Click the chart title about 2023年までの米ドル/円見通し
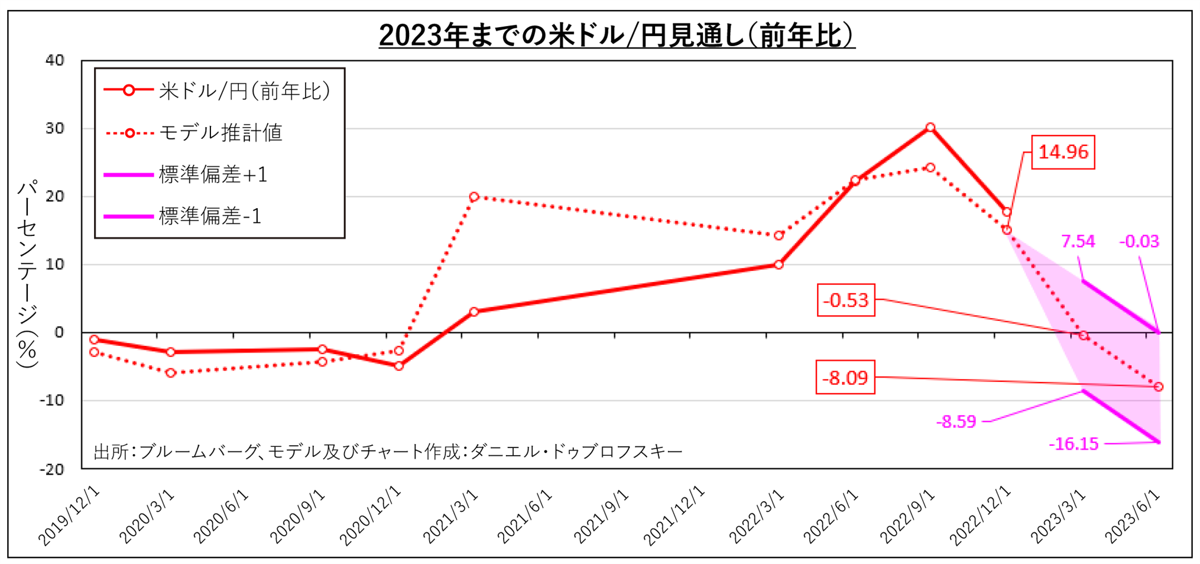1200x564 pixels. [x=617, y=35]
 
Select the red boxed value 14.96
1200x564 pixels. [x=1063, y=153]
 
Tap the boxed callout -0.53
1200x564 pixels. [x=845, y=300]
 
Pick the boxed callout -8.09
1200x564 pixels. [x=845, y=377]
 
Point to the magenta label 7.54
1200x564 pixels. [x=1078, y=241]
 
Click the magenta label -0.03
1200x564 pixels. [x=1139, y=241]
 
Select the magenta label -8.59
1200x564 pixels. [x=956, y=422]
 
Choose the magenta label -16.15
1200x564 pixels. [x=1073, y=443]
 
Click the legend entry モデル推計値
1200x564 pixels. [x=220, y=133]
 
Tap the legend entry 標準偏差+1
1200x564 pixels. [x=213, y=175]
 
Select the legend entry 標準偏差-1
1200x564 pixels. [x=210, y=216]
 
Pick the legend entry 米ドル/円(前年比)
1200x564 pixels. [x=244, y=91]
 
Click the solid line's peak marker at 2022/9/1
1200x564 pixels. [x=930, y=128]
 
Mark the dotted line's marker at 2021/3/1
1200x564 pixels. [x=474, y=197]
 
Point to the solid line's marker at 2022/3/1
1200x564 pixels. [x=779, y=265]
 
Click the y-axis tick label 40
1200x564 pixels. [x=55, y=60]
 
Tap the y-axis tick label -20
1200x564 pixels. [x=52, y=469]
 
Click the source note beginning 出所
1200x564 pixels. [x=388, y=452]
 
